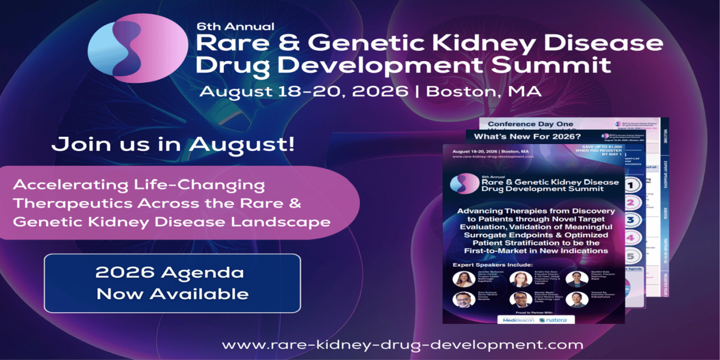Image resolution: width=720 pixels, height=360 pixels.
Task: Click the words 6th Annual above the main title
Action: (x=235, y=26)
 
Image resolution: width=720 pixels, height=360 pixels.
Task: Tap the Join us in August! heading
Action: (x=173, y=145)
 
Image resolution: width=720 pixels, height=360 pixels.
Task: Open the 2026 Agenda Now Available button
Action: (x=172, y=283)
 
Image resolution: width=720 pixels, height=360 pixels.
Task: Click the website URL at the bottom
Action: (x=402, y=345)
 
